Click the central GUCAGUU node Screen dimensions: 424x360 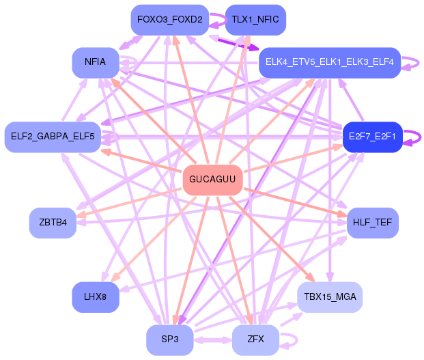[x=212, y=180]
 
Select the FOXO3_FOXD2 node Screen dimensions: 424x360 [x=170, y=20]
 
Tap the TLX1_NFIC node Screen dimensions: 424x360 [x=255, y=20]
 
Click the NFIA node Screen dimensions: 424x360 [x=96, y=63]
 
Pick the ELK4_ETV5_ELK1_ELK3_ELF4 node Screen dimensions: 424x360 [x=330, y=63]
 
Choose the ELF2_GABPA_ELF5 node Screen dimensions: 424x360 [x=53, y=137]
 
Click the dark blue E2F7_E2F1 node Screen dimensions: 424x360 [x=372, y=137]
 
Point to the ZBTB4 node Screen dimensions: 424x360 [x=53, y=223]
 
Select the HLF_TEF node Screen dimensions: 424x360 [x=372, y=223]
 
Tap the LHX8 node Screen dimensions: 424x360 [x=96, y=297]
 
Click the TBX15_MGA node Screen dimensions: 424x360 [x=330, y=297]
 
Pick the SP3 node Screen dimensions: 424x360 [x=170, y=340]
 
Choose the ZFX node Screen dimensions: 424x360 [x=255, y=340]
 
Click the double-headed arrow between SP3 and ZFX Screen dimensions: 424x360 [x=213, y=340]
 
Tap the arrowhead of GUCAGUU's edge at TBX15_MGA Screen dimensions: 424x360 [x=311, y=278]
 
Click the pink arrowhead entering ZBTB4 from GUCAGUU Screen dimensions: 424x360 [x=81, y=214]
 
